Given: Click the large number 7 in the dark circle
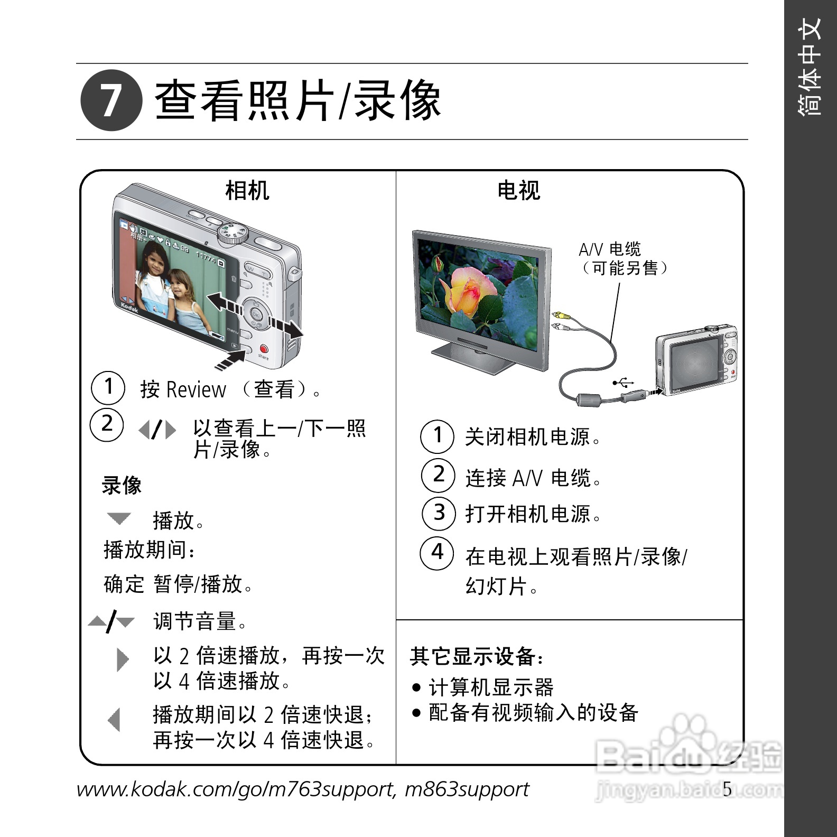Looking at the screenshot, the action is coord(111,101).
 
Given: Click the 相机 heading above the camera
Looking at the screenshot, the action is coord(247,190).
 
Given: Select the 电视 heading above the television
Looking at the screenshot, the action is coord(519,190).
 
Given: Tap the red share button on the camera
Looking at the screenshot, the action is coord(264,349).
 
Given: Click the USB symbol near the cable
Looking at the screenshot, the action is coord(623,382).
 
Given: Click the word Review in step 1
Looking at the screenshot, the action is coord(196,390).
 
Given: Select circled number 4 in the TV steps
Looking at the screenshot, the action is coord(437,553).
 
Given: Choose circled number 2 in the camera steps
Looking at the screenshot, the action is coord(107,424).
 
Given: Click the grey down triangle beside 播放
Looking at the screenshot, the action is coord(119,518).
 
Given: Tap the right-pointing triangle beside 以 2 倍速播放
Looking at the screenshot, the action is coord(123,659).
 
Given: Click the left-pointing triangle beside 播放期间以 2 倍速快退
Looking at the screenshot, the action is coord(114,720).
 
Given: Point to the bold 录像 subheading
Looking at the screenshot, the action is coord(122,485).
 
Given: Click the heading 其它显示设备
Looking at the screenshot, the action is coord(477,656).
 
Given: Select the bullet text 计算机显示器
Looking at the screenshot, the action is coord(491,687).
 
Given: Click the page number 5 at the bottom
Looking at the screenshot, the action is coord(728,789).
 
